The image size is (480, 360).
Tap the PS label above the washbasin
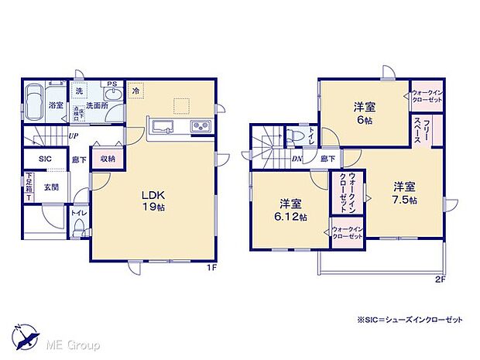point(111,84)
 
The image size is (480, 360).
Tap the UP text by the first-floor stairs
point(72,136)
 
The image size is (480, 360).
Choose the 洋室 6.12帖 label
point(292,211)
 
